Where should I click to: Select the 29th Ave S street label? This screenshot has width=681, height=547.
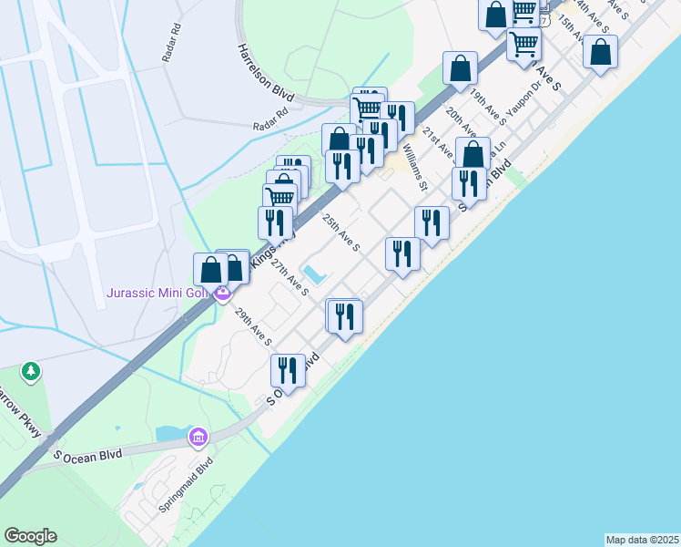253,327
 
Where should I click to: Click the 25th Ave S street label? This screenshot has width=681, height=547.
342,232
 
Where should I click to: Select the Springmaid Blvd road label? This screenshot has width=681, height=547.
185,496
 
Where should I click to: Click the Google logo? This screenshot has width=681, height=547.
30,536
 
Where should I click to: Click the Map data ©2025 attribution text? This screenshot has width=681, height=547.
642,540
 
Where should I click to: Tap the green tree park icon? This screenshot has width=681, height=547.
32,371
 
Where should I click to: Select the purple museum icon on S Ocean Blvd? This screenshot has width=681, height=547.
198,438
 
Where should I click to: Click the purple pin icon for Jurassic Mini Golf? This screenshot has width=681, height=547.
221,294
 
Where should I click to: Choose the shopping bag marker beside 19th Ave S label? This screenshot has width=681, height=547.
461,67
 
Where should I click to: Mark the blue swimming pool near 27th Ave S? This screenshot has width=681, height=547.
315,273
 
